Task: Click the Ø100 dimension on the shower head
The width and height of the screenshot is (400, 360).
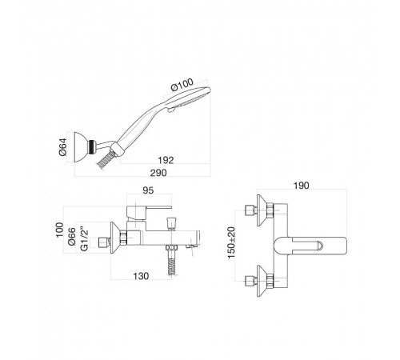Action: tap(182, 84)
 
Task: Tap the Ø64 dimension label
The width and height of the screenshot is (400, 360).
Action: tap(63, 147)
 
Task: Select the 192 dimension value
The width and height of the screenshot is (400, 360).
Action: tap(166, 160)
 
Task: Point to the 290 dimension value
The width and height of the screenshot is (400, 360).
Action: tap(158, 173)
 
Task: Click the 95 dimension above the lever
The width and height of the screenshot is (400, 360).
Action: tap(148, 190)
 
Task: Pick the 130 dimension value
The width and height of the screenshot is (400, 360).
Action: tap(141, 276)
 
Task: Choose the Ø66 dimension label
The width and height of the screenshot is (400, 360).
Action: tap(72, 237)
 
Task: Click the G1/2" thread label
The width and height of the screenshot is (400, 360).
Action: tap(84, 238)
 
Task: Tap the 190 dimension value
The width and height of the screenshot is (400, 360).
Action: tap(302, 186)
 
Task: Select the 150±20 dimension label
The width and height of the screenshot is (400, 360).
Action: tap(231, 242)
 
